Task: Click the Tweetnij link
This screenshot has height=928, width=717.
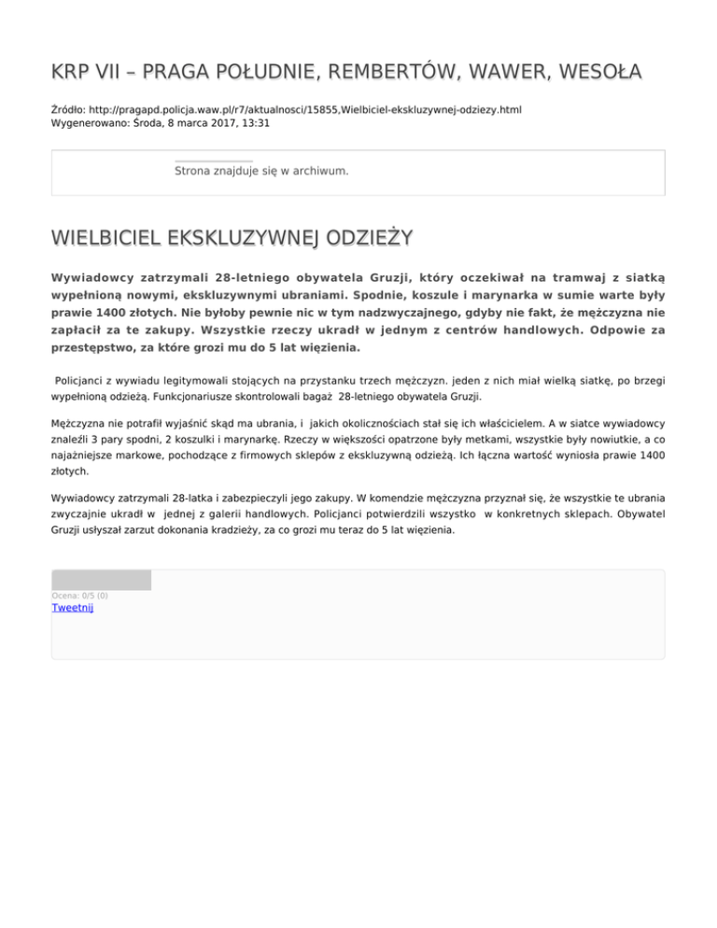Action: pos(72,608)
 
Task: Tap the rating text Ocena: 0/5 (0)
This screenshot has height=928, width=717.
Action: pos(79,595)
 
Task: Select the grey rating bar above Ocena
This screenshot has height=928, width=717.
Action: pos(101,580)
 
